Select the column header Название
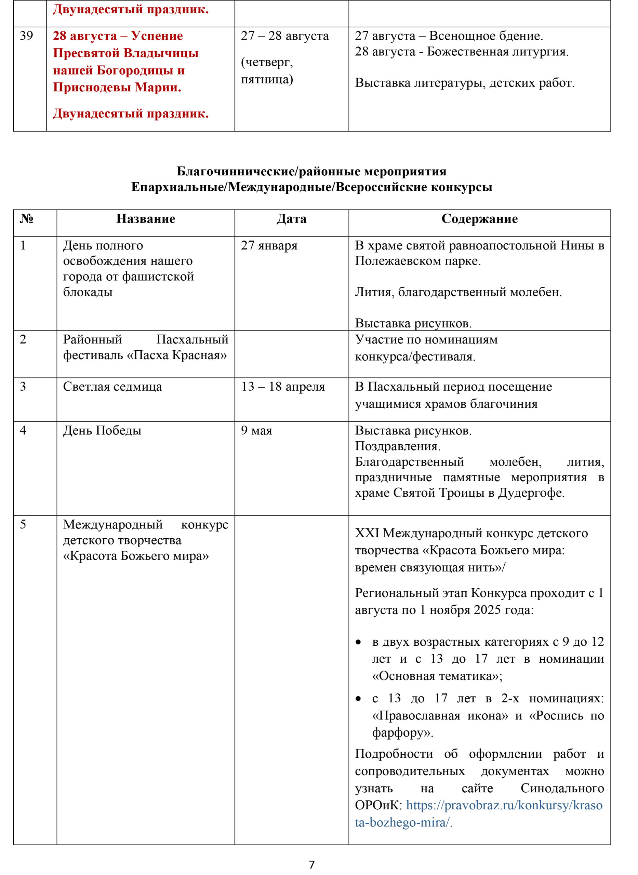(146, 219)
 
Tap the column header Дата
(292, 219)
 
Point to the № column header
(27, 219)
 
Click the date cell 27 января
(269, 245)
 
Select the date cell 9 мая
(256, 430)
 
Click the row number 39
(26, 36)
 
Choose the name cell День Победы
(102, 430)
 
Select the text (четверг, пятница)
(267, 71)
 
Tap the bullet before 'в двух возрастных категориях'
(358, 642)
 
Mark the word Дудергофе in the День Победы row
(531, 493)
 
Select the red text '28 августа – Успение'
(118, 36)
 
